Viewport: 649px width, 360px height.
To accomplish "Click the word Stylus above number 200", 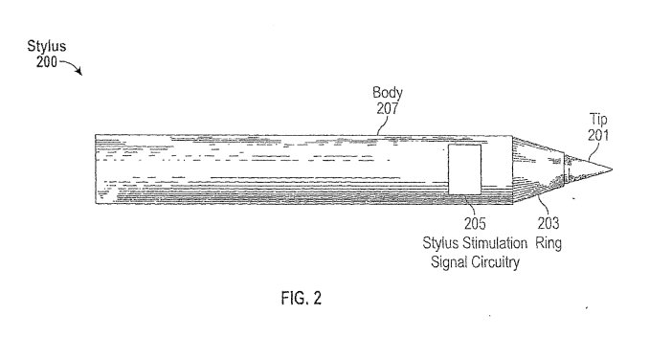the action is coord(46,46).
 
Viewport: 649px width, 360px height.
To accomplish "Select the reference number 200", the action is coord(46,62).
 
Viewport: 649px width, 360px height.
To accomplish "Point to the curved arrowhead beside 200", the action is coord(79,72).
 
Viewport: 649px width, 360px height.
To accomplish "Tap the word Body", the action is coord(388,93).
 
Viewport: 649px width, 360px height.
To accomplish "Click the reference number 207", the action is coord(388,108).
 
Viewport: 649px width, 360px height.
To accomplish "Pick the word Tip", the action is coord(598,120).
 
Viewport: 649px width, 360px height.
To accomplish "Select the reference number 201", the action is coord(598,135).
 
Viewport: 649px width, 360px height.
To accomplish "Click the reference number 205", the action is coord(475,224).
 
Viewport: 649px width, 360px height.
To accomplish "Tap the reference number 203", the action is coord(548,223).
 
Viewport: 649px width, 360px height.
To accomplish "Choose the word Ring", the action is coord(548,243).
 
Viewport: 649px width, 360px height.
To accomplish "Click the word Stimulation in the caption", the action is coord(495,243).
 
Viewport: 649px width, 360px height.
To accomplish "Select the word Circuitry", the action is coord(495,262).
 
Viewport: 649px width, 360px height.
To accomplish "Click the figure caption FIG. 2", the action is coord(302,298).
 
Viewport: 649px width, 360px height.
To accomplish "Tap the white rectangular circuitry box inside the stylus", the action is coord(465,169).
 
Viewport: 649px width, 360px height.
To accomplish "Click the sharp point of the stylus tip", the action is coord(612,169).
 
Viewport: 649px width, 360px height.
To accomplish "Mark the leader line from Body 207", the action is coord(383,125).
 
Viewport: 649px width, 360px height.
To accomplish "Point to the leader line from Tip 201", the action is coord(593,151).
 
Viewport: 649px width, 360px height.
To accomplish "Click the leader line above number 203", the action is coord(544,206).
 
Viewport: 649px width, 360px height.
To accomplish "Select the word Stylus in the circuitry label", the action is coord(439,243).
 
